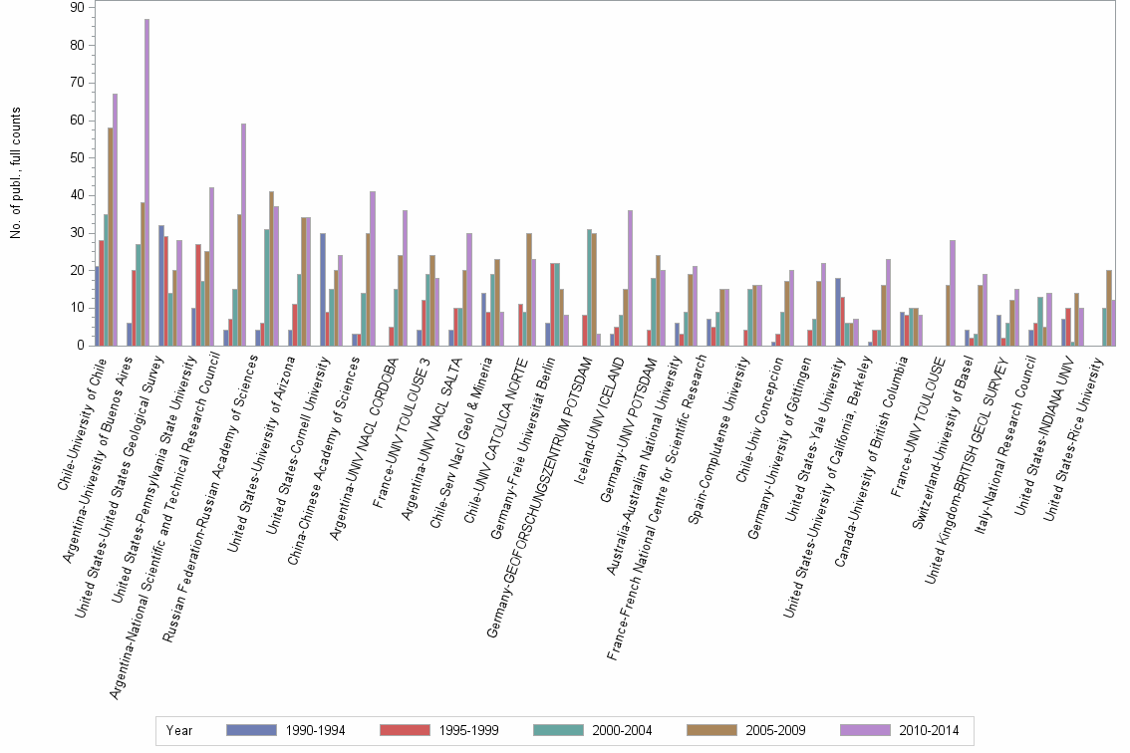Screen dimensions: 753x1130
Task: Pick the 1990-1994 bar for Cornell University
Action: coord(323,290)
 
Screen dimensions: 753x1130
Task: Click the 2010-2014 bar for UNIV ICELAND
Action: coord(630,278)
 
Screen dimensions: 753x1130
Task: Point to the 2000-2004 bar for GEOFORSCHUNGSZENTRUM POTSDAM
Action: coord(589,288)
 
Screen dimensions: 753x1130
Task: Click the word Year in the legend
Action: coord(179,730)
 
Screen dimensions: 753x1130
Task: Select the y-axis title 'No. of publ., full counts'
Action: coord(15,171)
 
